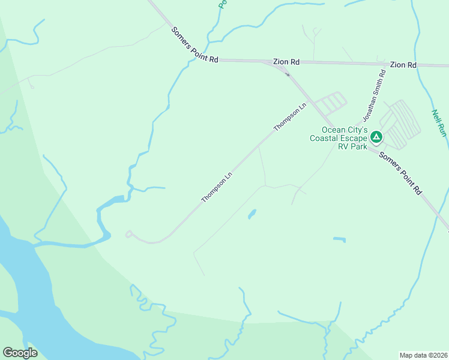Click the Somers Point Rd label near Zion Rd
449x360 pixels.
coord(194,45)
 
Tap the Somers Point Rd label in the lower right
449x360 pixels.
coord(400,172)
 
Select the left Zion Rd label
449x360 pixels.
coord(286,61)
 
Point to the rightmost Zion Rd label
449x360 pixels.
coord(403,64)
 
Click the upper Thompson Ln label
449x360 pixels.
coord(290,117)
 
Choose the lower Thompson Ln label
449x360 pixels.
coord(217,188)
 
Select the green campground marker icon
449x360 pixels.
coord(376,138)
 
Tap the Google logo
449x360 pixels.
coord(20,353)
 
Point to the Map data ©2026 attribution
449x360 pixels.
coord(423,355)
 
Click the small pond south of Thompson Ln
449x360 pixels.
coord(252,214)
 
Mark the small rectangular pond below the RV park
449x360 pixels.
coord(340,239)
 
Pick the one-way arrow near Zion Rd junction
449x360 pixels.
coord(287,74)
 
